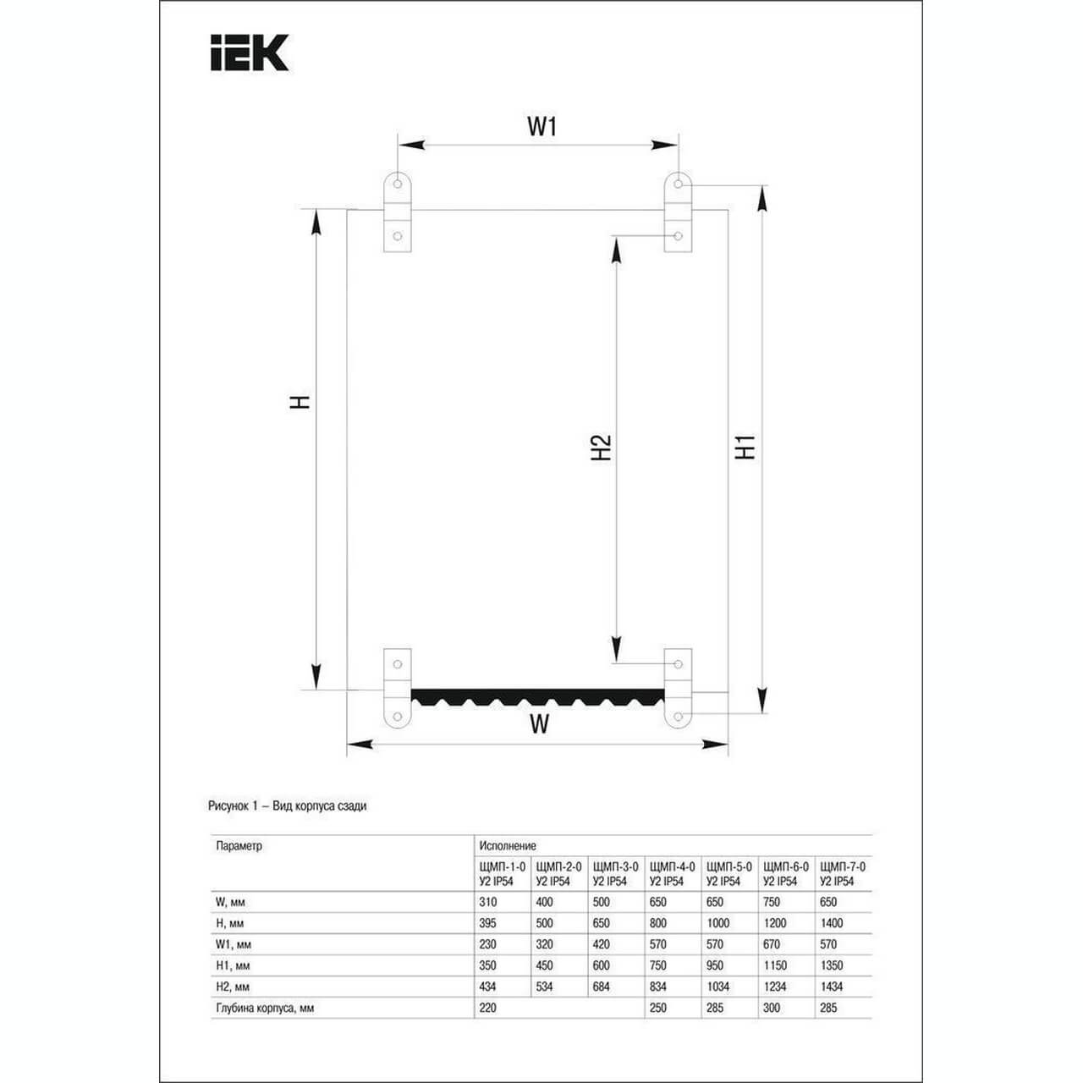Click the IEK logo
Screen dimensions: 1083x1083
(250, 52)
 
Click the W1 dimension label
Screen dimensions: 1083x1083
(541, 127)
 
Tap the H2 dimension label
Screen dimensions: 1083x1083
(601, 448)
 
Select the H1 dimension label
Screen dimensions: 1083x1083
(745, 448)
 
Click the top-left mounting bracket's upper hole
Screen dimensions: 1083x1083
(398, 184)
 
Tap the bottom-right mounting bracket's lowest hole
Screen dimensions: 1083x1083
(678, 717)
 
